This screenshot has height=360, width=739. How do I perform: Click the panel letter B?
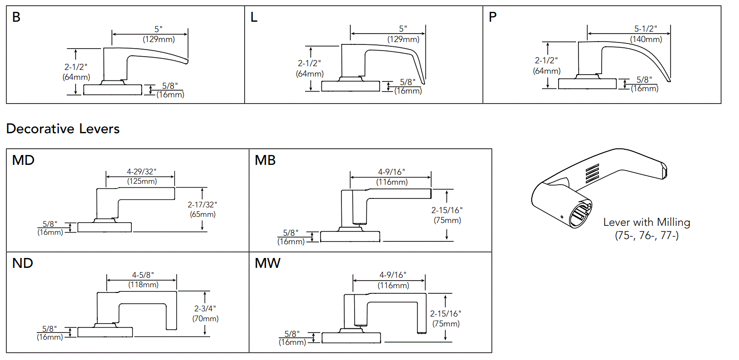(x=17, y=18)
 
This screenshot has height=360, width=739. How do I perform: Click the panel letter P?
(x=493, y=18)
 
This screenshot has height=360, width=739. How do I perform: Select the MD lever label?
(x=23, y=161)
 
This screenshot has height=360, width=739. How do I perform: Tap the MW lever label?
(x=267, y=264)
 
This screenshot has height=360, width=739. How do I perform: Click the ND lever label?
(x=23, y=264)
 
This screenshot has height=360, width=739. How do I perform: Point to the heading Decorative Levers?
(x=63, y=129)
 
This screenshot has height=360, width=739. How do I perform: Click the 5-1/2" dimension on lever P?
(x=646, y=29)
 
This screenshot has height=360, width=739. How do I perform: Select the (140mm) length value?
(x=646, y=40)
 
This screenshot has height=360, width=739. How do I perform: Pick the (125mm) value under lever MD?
(x=142, y=181)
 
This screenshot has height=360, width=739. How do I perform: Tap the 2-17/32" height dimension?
(x=202, y=205)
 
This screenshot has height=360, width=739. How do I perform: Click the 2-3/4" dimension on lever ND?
(x=205, y=309)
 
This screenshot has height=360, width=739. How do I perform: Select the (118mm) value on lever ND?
(x=144, y=285)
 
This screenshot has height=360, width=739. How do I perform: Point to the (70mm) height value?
(x=205, y=318)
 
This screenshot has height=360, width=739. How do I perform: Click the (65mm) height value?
(x=202, y=214)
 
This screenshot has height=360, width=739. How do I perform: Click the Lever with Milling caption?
(x=646, y=223)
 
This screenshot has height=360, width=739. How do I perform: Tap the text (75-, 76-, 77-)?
(x=646, y=235)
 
